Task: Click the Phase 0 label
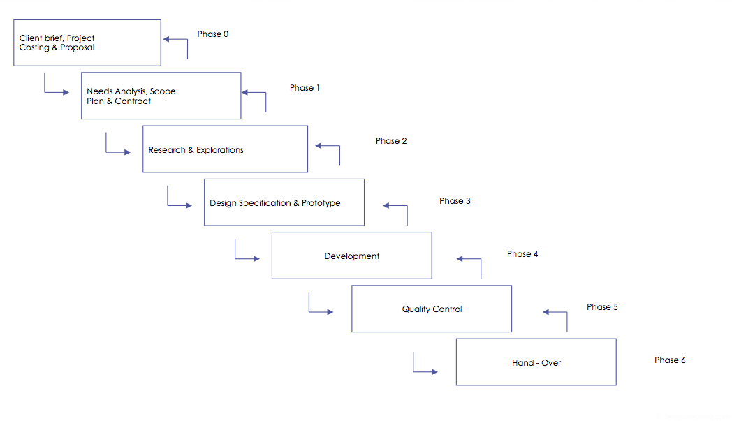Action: tap(212, 34)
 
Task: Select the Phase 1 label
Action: tap(305, 88)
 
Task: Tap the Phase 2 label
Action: tap(391, 141)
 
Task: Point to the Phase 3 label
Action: tap(455, 201)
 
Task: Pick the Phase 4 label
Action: tap(522, 254)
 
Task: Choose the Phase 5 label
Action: tap(602, 307)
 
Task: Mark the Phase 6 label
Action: tap(670, 360)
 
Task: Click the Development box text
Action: tap(352, 256)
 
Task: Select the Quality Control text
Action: tap(432, 309)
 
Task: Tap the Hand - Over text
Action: tap(536, 363)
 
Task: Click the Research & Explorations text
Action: tap(196, 150)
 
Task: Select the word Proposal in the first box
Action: tap(78, 47)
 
